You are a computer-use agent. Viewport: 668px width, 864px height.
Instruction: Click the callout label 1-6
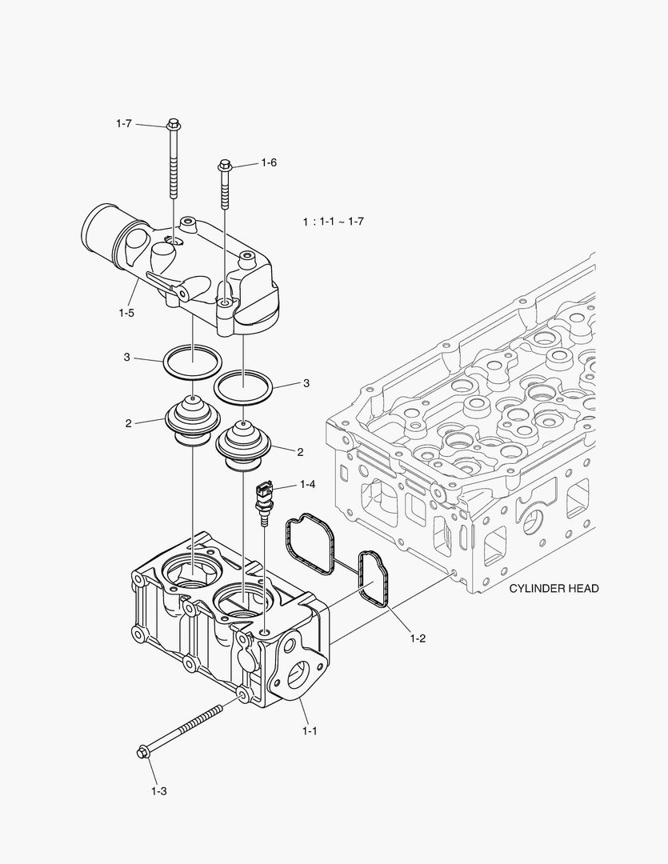(268, 162)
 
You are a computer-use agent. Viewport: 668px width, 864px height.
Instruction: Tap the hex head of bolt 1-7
(174, 124)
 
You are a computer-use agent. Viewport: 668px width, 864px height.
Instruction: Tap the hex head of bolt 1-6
(224, 166)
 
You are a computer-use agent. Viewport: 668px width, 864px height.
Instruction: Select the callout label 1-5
(126, 312)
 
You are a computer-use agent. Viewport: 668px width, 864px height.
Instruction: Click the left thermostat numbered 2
(193, 419)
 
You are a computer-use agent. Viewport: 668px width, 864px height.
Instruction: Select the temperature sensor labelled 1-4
(264, 496)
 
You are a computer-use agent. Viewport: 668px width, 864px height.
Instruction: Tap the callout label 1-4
(307, 484)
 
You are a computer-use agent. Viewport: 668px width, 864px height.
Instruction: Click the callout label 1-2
(418, 638)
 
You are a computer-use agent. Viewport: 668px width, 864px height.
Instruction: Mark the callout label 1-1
(310, 730)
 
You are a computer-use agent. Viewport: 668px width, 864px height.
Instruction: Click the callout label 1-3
(158, 791)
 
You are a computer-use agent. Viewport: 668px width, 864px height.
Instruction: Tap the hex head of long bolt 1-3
(143, 752)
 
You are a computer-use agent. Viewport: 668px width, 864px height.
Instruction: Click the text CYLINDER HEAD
(554, 588)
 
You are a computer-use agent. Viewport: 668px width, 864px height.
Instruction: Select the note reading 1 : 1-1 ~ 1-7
(333, 221)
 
